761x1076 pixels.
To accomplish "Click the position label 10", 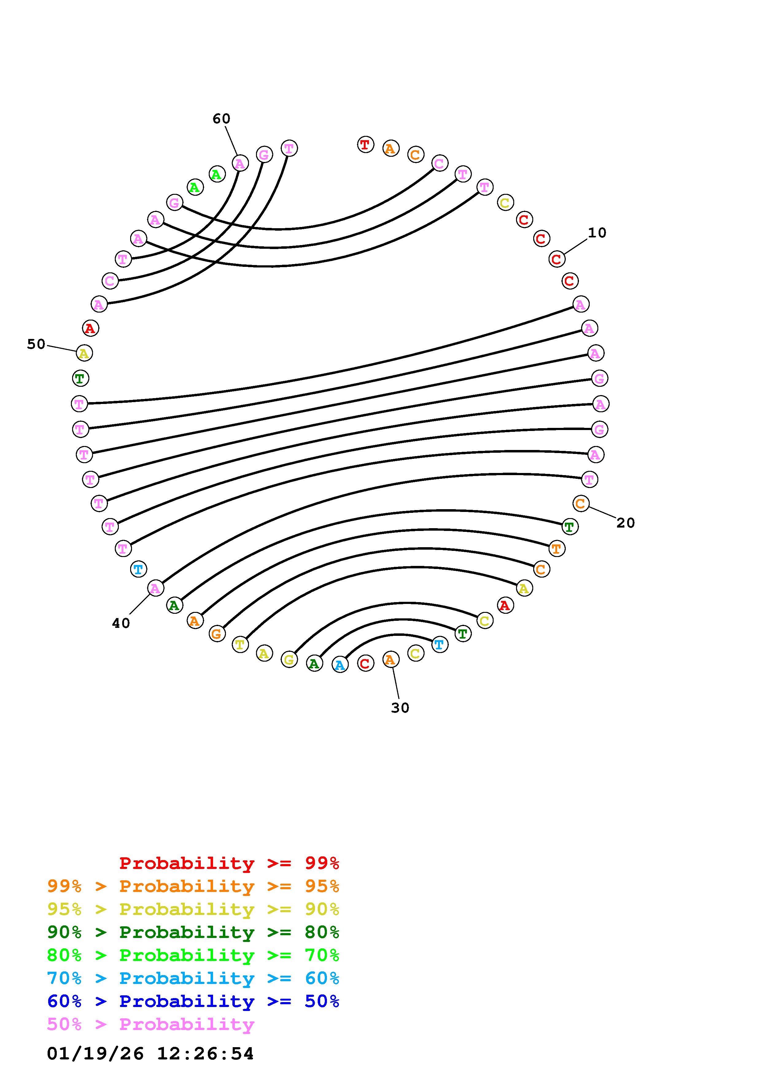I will point(597,233).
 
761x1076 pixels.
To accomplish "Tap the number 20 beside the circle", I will point(626,523).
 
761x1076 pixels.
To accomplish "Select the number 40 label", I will point(121,623).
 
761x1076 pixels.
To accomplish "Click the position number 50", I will point(36,344).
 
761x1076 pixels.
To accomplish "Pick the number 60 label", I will point(221,119).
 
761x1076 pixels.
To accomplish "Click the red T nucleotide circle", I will point(365,144).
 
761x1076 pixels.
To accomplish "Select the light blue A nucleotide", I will point(340,665).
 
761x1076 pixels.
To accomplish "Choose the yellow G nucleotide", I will point(289,659).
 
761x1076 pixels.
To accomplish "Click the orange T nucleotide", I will point(557,548).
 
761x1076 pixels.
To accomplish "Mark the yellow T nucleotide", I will point(240,645).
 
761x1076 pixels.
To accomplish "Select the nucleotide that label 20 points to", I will point(580,504).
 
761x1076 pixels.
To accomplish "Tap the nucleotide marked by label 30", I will point(390,660).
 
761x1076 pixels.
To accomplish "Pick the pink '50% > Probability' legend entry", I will point(150,1024).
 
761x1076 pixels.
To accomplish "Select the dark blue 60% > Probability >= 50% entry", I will point(193,1001).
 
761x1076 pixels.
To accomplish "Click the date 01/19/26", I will point(95,1054).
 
